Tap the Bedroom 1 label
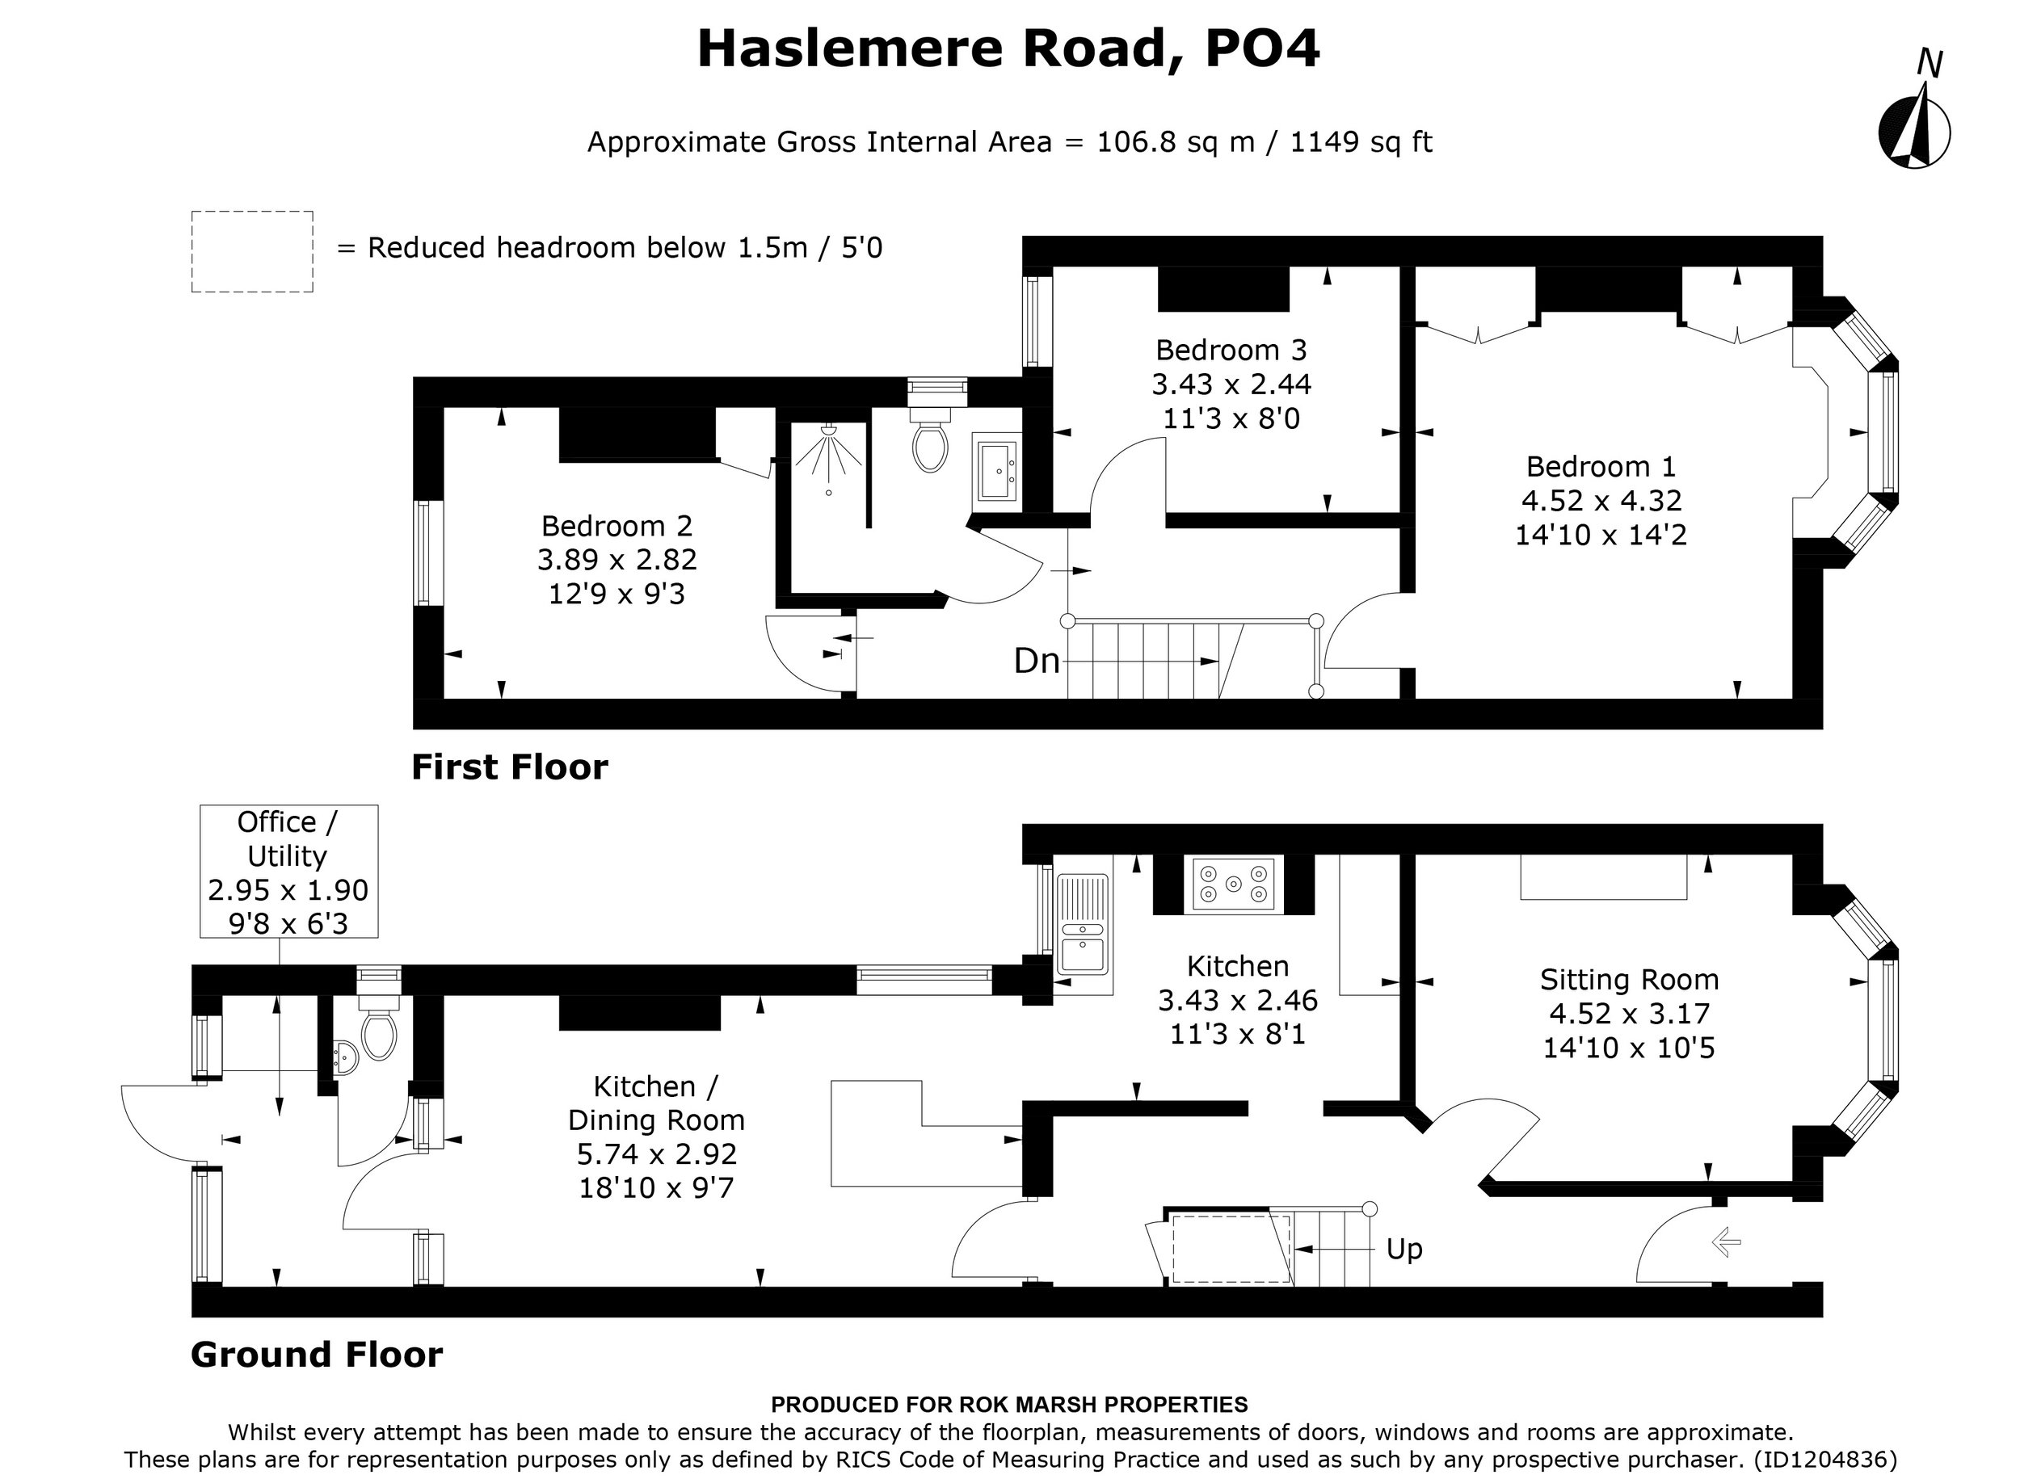click(x=1600, y=466)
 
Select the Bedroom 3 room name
click(x=1231, y=349)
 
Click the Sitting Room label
click(x=1629, y=980)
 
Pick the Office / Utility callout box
click(x=288, y=871)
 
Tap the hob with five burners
click(x=1233, y=884)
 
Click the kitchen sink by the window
click(x=1082, y=926)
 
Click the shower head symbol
click(x=829, y=431)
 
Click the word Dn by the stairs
click(x=1036, y=662)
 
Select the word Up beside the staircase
click(x=1403, y=1249)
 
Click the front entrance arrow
click(x=1725, y=1242)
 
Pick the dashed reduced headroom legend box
click(x=251, y=251)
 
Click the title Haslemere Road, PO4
click(x=1008, y=48)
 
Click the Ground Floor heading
click(x=316, y=1355)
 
